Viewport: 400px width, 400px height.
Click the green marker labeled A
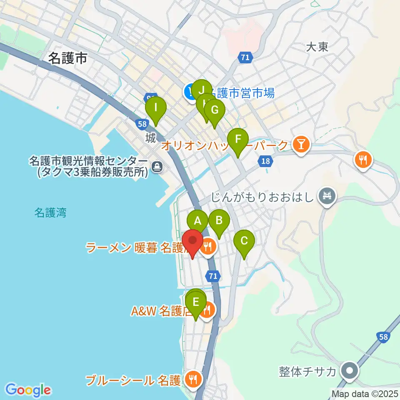(x=197, y=220)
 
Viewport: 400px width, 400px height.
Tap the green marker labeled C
(x=244, y=240)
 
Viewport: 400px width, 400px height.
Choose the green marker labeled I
(x=156, y=108)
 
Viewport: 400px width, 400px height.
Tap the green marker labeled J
(x=201, y=90)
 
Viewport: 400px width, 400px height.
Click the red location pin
(x=193, y=241)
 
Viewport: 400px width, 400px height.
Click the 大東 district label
(x=317, y=47)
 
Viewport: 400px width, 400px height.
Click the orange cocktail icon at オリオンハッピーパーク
(x=301, y=145)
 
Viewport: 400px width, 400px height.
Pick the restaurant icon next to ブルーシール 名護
(x=193, y=379)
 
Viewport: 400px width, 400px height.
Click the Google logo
(x=28, y=390)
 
